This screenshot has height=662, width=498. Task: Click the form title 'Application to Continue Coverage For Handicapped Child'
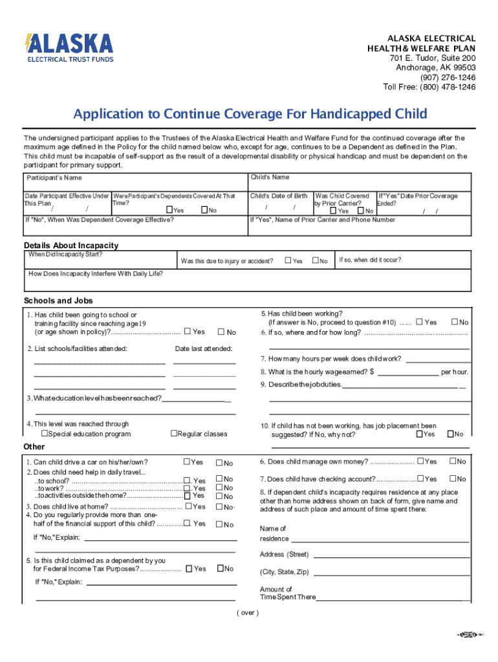250,114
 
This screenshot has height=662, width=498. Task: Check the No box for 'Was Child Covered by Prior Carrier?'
361,211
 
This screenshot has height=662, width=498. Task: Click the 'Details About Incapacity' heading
71,246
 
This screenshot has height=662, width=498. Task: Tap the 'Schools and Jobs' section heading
58,301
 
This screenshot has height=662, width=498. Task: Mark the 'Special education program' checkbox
45,434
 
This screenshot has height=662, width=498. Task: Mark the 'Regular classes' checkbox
173,434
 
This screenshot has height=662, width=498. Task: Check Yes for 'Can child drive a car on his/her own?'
186,462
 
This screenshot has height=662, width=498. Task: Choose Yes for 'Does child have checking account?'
420,479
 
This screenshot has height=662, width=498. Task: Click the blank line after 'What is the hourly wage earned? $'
407,372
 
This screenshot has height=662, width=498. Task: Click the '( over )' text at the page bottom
248,613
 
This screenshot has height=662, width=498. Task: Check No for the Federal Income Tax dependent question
220,569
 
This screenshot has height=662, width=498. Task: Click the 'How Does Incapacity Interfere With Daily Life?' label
96,273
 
